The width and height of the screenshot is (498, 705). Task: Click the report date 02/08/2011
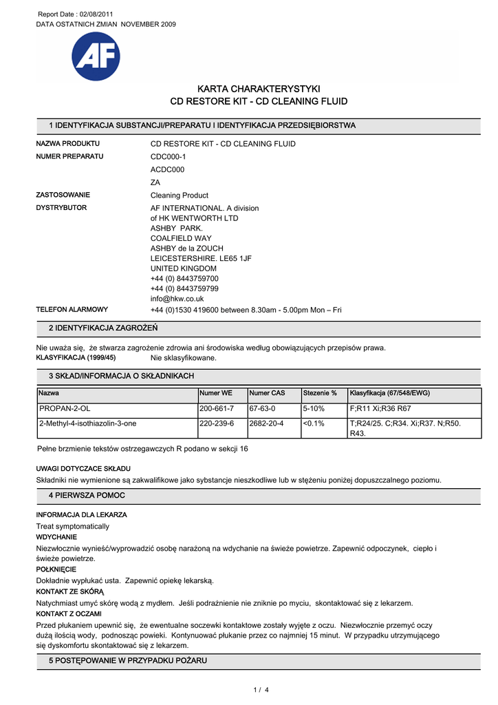(x=94, y=14)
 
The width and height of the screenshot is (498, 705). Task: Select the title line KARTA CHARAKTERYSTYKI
(x=259, y=89)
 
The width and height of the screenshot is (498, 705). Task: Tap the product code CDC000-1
(x=168, y=156)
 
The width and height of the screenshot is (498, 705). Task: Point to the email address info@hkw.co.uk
(x=177, y=299)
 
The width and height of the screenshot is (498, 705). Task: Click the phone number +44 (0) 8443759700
(x=184, y=278)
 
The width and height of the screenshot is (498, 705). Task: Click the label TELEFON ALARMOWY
(x=72, y=310)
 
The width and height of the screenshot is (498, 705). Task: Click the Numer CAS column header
(x=267, y=393)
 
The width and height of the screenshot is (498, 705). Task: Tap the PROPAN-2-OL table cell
(x=65, y=408)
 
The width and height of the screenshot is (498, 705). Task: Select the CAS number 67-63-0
(x=262, y=408)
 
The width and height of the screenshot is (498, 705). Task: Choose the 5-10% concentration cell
(x=313, y=408)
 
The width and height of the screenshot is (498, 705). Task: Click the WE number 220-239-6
(x=216, y=423)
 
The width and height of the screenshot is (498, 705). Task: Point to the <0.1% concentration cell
(x=313, y=423)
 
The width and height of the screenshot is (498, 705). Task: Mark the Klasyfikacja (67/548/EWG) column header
(x=389, y=393)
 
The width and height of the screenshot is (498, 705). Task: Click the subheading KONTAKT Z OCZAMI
(x=68, y=613)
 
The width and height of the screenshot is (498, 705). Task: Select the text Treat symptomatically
(x=72, y=526)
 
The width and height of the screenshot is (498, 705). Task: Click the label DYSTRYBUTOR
(x=61, y=207)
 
